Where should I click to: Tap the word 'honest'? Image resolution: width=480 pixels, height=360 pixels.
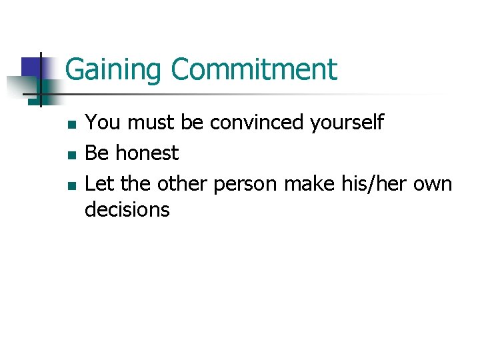tap(147, 153)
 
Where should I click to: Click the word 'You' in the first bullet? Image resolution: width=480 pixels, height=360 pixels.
tap(102, 123)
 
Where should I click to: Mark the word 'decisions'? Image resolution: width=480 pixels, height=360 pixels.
tap(127, 210)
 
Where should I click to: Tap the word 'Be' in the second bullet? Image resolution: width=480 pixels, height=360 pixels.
tap(97, 153)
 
